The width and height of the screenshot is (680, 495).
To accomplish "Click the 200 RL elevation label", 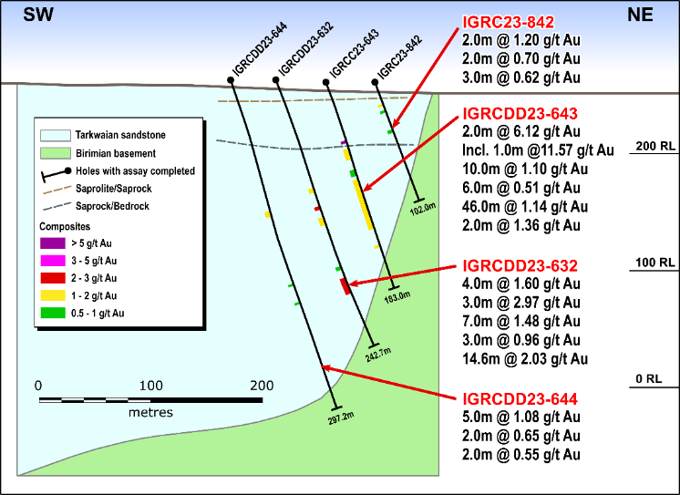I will coord(654,146).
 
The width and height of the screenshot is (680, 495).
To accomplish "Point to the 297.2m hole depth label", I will coord(339,419).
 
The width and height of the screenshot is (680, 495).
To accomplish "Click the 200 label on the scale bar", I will coord(262,385).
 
